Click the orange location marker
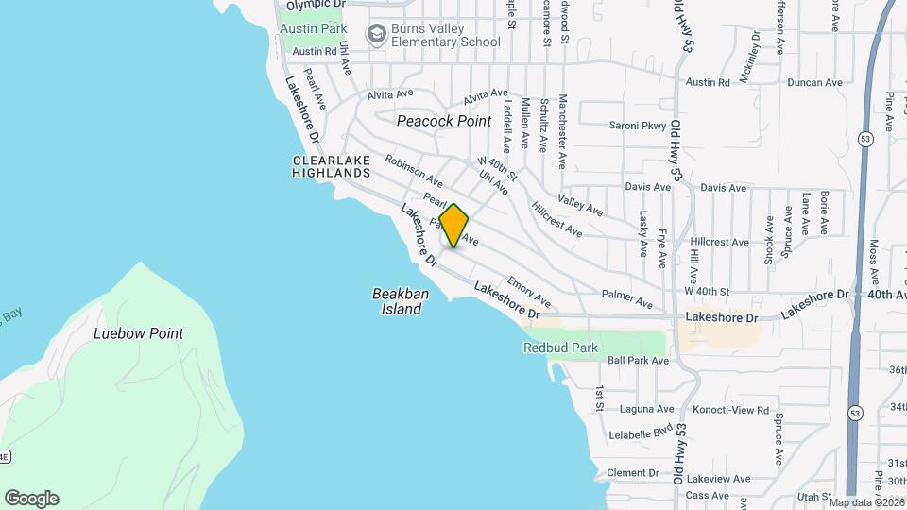tap(453, 226)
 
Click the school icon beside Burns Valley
tap(377, 35)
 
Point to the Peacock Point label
tap(444, 121)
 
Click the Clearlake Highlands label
tap(331, 167)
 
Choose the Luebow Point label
tap(139, 333)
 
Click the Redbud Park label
tap(561, 348)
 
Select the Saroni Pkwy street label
tap(638, 126)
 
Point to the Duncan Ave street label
tap(814, 83)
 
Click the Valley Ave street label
tap(580, 204)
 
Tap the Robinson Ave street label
tap(414, 171)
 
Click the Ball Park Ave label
tap(638, 361)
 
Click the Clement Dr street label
tap(632, 473)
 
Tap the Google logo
tap(31, 499)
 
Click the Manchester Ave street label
tap(562, 130)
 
